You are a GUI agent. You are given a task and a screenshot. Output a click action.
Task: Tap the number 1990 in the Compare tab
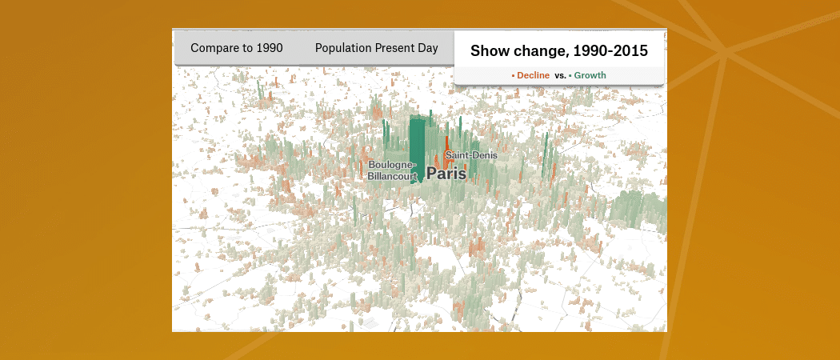(270, 48)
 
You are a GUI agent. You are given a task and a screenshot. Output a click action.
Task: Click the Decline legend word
(533, 75)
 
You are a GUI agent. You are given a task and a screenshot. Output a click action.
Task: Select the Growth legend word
(590, 75)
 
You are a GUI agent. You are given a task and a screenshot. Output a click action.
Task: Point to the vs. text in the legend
(560, 75)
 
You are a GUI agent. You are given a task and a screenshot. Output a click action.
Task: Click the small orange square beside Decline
(514, 76)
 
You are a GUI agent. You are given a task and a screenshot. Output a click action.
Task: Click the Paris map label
(446, 174)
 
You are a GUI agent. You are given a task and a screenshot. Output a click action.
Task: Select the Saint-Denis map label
(471, 155)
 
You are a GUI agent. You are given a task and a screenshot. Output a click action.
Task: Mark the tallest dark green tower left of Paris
(418, 150)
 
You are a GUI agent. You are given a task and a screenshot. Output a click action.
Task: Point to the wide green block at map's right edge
(638, 212)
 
